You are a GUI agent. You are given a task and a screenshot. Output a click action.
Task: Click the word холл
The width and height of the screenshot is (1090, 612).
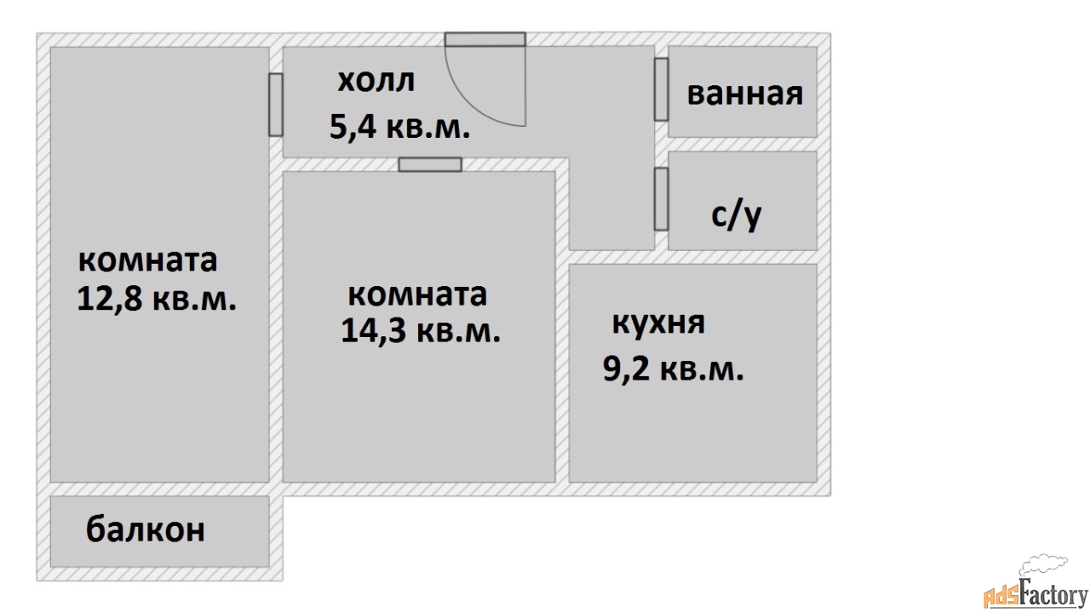point(376,82)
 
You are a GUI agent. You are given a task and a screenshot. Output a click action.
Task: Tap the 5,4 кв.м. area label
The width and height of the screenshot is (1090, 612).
point(399,128)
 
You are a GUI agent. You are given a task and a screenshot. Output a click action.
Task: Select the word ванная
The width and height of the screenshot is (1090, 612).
point(744,93)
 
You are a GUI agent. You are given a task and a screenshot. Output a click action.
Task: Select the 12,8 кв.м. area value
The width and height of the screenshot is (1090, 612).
point(157,299)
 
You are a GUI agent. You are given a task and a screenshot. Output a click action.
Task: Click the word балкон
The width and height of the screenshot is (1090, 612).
point(146,530)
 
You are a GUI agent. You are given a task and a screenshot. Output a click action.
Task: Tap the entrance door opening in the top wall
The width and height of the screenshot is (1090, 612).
point(485,39)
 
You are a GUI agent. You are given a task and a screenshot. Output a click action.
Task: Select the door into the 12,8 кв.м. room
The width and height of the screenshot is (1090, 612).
point(275,105)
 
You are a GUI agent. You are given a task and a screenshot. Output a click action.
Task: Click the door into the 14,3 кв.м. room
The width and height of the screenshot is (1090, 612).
point(430,164)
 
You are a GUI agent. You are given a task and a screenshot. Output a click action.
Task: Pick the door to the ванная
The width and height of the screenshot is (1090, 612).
point(661,89)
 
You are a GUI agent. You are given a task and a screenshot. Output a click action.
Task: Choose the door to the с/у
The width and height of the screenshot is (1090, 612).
point(661,198)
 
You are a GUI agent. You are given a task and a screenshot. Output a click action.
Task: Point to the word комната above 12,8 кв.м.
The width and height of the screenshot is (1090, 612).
point(147,260)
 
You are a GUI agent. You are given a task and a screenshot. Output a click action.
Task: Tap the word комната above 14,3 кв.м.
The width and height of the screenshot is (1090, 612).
point(417,295)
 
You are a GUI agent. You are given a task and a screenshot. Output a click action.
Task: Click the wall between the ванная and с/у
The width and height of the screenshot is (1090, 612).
point(743,144)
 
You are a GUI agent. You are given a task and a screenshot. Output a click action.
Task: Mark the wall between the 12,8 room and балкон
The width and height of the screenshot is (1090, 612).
point(159,489)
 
